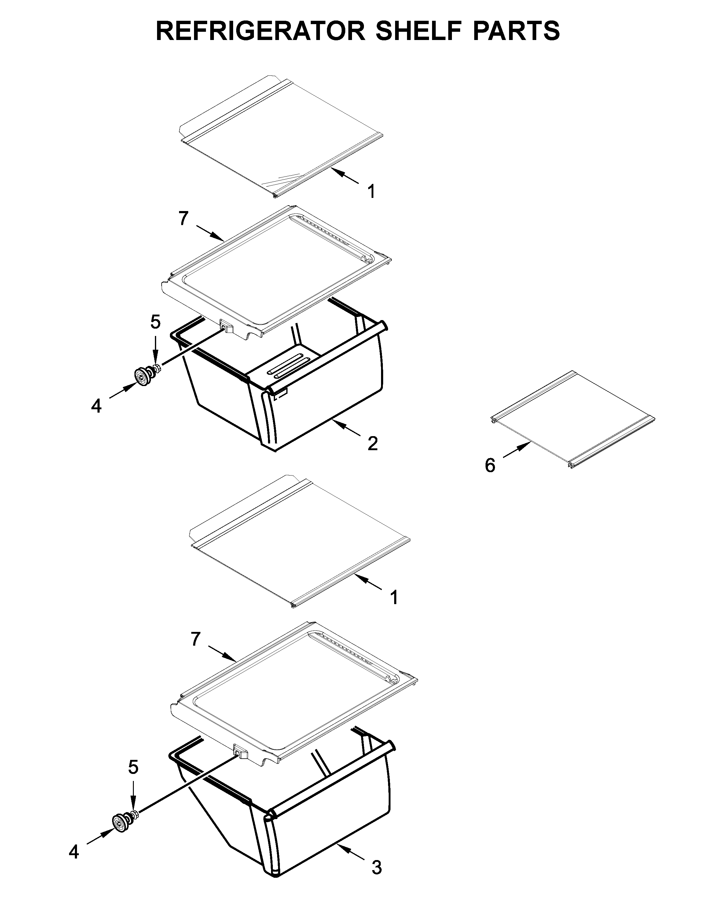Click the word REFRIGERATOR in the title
[x=260, y=31]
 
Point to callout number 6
[x=490, y=465]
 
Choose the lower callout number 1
[x=394, y=597]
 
